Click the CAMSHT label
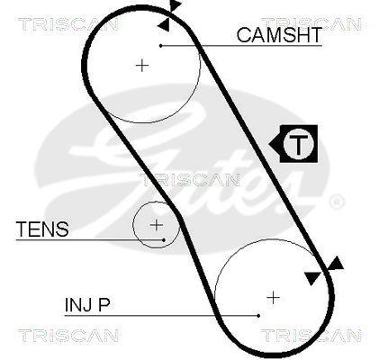pos(279,35)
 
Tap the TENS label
pos(42,229)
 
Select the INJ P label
pos(87,305)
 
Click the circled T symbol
pos(298,144)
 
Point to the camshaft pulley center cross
pos(142,66)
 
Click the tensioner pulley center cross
pos(156,225)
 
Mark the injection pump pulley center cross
pos(273,298)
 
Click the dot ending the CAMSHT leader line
pos(161,46)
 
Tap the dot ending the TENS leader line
pos(164,240)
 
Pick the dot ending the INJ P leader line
pos(258,316)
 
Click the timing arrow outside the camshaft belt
pos(175,5)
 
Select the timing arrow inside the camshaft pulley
pos(164,24)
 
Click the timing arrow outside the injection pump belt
pos(336,264)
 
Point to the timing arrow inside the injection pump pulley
pos(312,278)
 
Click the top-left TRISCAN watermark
pos(68,24)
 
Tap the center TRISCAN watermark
pos(190,180)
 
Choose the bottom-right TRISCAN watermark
pos(311,336)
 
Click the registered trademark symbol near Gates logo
pos(337,202)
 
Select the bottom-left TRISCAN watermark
pos(68,336)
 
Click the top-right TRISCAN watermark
pos(311,24)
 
